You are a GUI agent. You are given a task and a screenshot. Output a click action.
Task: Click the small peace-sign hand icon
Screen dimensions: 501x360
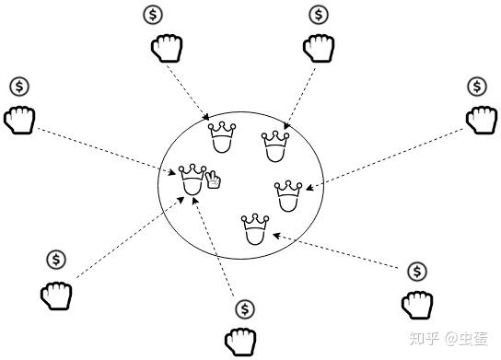click(213, 180)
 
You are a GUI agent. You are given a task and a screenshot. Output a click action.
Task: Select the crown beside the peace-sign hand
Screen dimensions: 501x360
click(192, 180)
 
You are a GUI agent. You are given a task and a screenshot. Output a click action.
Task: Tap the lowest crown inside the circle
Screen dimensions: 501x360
click(255, 229)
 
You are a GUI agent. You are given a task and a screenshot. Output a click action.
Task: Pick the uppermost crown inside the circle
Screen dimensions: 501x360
click(222, 137)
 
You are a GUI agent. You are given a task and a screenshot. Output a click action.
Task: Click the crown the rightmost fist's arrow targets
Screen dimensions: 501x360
click(288, 196)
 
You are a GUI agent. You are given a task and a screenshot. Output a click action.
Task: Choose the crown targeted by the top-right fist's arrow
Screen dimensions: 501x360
click(275, 146)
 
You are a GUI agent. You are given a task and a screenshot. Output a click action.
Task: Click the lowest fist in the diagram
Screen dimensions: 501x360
click(240, 342)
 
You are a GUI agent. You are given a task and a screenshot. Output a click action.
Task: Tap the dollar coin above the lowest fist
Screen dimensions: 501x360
click(245, 309)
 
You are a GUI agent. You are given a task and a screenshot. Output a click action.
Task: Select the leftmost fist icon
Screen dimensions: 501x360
click(19, 120)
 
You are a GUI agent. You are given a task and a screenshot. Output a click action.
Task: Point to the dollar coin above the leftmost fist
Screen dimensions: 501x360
click(19, 87)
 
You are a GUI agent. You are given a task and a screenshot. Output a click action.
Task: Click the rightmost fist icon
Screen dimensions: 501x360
click(482, 120)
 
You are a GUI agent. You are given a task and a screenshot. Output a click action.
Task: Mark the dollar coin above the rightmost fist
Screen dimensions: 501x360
click(477, 87)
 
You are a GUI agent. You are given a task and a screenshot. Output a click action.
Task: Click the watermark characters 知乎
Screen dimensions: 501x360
click(424, 338)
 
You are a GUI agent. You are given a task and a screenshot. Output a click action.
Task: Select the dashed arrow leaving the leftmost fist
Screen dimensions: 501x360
click(107, 151)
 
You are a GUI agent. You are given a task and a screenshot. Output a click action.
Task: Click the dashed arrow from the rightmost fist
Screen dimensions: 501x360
click(385, 159)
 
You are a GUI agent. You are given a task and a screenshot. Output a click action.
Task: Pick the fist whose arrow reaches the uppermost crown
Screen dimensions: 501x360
click(167, 48)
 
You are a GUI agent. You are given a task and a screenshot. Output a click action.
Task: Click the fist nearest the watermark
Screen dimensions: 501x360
click(417, 305)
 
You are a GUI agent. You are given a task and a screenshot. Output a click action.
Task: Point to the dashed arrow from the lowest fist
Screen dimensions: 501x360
click(214, 247)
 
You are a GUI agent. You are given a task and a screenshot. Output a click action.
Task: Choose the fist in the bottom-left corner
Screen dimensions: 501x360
click(56, 296)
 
